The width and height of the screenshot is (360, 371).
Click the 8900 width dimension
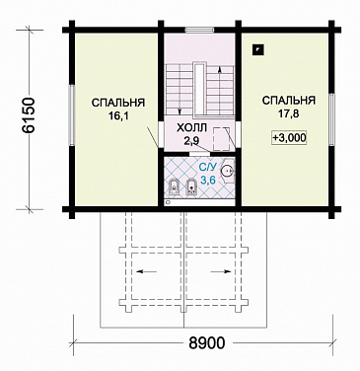click(x=207, y=343)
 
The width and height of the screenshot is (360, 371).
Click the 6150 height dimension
click(x=28, y=115)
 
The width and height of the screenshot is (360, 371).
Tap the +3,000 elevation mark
click(x=289, y=138)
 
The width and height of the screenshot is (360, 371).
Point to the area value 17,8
click(x=288, y=113)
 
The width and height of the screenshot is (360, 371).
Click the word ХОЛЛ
click(x=191, y=128)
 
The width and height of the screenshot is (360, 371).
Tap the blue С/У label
click(x=208, y=168)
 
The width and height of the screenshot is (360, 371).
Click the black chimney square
click(x=257, y=49)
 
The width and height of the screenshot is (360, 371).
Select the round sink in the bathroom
click(x=227, y=171)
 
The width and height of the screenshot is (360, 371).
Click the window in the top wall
click(x=199, y=30)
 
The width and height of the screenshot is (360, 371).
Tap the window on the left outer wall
click(x=71, y=115)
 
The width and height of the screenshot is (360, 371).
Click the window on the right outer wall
click(x=331, y=119)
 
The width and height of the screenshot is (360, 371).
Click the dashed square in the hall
click(x=221, y=138)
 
